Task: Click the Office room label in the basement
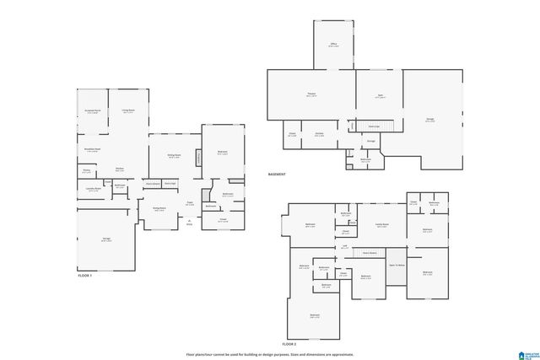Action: tap(333, 45)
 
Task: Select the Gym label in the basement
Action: tap(380, 97)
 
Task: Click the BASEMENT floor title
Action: tap(277, 175)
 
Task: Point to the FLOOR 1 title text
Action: tap(84, 276)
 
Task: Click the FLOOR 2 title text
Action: tap(289, 344)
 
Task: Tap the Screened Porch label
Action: tap(93, 111)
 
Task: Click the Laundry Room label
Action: tap(93, 190)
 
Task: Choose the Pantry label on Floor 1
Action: tap(86, 171)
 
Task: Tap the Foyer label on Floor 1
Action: tap(190, 203)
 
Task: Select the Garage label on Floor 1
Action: tap(106, 240)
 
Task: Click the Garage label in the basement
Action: tap(429, 120)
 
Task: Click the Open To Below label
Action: tap(397, 265)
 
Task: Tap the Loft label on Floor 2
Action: tap(345, 246)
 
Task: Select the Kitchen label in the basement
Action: tap(319, 134)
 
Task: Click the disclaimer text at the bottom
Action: tap(270, 354)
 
